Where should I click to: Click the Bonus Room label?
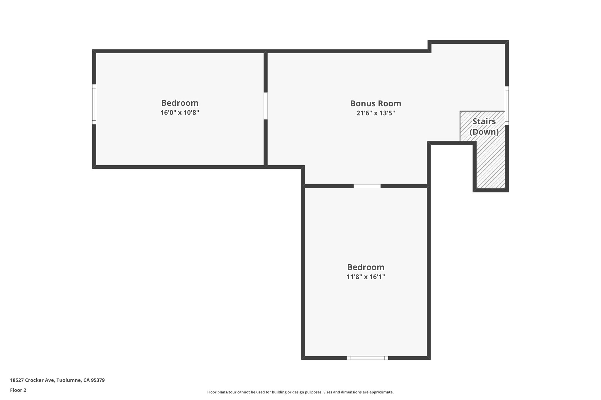[376, 103]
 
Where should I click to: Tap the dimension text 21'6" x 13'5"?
[376, 113]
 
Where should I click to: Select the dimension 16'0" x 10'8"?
[180, 113]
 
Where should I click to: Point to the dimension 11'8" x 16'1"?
[366, 277]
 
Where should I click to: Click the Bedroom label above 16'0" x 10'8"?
[180, 103]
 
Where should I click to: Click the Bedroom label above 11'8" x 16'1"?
[366, 267]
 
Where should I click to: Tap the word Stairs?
[484, 121]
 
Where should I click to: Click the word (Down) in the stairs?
[484, 132]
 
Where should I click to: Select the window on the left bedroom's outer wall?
[94, 104]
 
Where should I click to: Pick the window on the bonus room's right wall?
[507, 106]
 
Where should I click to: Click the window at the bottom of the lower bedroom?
[367, 358]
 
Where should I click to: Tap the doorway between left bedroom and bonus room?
[266, 106]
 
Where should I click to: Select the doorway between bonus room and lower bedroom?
[367, 186]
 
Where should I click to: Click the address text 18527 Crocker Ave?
[32, 380]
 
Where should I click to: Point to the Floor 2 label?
[18, 390]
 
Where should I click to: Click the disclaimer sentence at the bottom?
[300, 392]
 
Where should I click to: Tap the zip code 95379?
[98, 380]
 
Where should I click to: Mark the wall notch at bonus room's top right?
[430, 47]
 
